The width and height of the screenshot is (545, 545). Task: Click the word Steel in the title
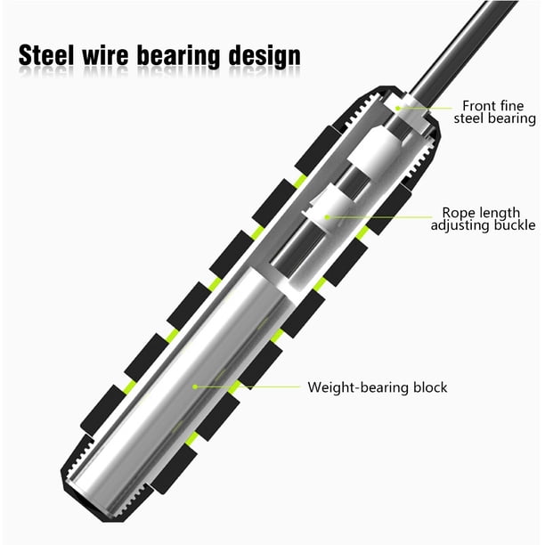coord(46,55)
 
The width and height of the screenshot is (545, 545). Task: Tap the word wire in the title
coord(105,55)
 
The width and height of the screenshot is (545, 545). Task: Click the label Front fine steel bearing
coord(494,112)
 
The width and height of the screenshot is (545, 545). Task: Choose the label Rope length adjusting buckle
coord(484,219)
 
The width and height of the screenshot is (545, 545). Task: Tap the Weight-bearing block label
coord(378,387)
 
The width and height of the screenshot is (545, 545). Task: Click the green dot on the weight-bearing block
coord(195,386)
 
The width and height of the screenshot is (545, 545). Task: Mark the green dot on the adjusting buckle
coord(327,217)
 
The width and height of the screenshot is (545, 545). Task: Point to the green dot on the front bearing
coord(398,109)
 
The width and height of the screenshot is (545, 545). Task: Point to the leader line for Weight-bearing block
coord(248,386)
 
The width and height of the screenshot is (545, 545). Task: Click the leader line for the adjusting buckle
coord(379,217)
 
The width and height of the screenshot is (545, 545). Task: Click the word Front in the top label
coord(479,106)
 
